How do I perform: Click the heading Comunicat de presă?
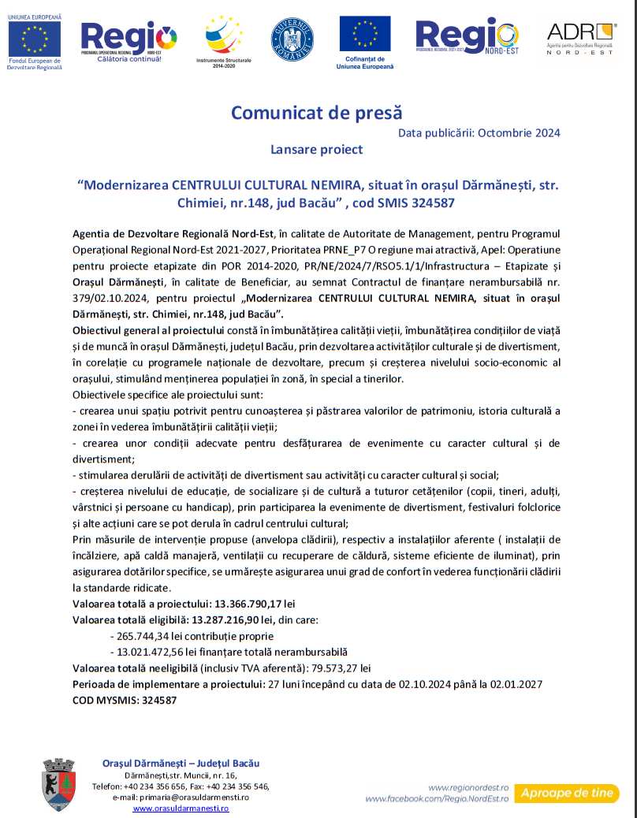pyautogui.click(x=316, y=113)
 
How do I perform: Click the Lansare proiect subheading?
pyautogui.click(x=316, y=149)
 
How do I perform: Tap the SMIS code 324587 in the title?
pyautogui.click(x=431, y=203)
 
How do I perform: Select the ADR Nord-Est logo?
pyautogui.click(x=582, y=39)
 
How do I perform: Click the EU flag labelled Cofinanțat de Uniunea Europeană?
pyautogui.click(x=364, y=40)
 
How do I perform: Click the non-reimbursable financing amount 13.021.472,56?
pyautogui.click(x=156, y=652)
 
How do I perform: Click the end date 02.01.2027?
pyautogui.click(x=515, y=683)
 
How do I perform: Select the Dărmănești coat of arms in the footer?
pyautogui.click(x=59, y=783)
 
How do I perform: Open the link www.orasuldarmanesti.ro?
pyautogui.click(x=181, y=809)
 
